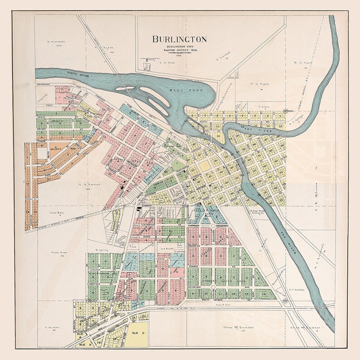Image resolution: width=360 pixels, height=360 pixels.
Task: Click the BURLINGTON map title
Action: [x=180, y=39]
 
